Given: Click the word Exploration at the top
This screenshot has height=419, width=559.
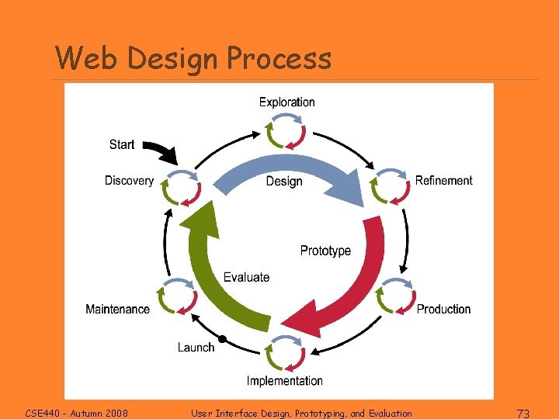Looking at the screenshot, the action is click(x=286, y=102).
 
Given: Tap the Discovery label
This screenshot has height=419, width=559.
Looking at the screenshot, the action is click(x=129, y=181).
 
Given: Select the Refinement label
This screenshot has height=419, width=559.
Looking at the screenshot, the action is click(x=443, y=181).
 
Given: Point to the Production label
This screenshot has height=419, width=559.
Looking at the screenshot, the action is click(x=443, y=309).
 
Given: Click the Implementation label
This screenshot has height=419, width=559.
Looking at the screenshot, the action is click(x=284, y=380).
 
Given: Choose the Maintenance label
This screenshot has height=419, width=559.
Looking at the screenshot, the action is click(x=117, y=309).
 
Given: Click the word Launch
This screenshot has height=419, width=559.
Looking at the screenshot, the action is click(x=196, y=347).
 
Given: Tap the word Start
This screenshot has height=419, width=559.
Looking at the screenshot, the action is click(x=122, y=144).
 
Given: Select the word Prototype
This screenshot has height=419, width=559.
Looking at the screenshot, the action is click(x=325, y=251).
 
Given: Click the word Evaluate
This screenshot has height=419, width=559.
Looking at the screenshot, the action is click(x=246, y=277).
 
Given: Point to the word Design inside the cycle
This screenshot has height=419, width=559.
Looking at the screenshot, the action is click(x=284, y=181).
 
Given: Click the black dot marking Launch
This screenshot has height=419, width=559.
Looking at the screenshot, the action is click(x=223, y=339).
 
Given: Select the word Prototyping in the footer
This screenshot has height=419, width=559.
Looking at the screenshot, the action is click(x=314, y=413).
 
